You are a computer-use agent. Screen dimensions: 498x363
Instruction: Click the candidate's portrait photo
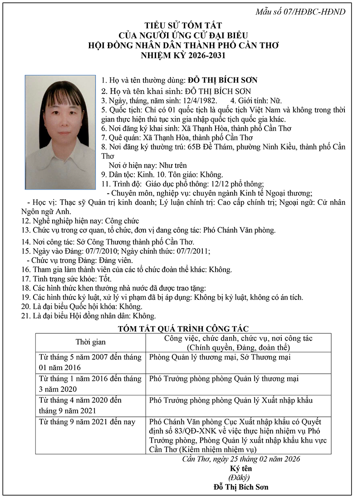(x=60, y=132)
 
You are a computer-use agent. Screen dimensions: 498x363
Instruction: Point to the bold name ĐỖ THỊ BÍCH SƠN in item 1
(x=222, y=80)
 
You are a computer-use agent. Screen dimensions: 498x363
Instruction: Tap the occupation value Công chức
(x=122, y=221)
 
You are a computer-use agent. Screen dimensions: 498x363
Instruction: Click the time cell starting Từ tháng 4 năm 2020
(x=90, y=405)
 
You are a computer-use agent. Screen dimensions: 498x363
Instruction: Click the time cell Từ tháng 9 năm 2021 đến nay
(x=87, y=422)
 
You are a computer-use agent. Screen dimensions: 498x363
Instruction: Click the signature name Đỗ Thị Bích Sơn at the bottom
(x=241, y=487)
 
